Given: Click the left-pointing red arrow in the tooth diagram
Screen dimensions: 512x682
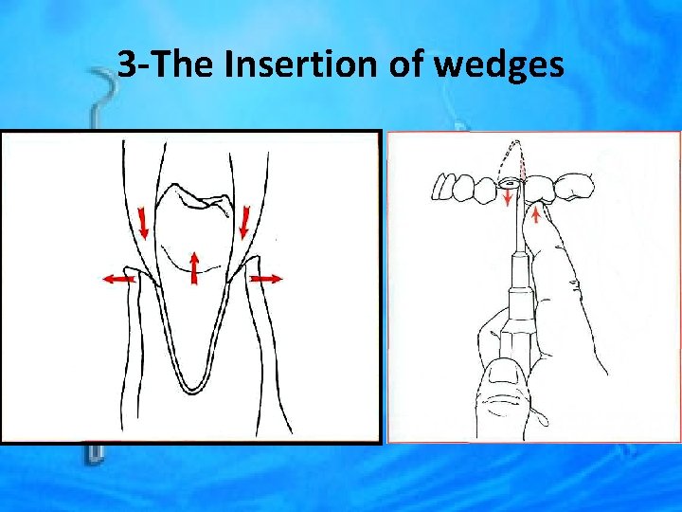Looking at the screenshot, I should coord(117,279).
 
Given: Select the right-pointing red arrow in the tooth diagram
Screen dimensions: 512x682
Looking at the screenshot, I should coord(266,279).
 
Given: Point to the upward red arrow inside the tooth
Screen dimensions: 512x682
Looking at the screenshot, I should coord(194,266).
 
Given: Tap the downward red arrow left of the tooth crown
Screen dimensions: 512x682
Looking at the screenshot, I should coord(144,224).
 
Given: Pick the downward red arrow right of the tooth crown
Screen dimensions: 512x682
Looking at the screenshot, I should coord(244,224).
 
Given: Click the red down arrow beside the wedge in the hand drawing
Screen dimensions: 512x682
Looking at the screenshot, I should coord(509,197).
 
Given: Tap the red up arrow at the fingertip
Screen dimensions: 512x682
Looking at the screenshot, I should coord(537,216).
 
